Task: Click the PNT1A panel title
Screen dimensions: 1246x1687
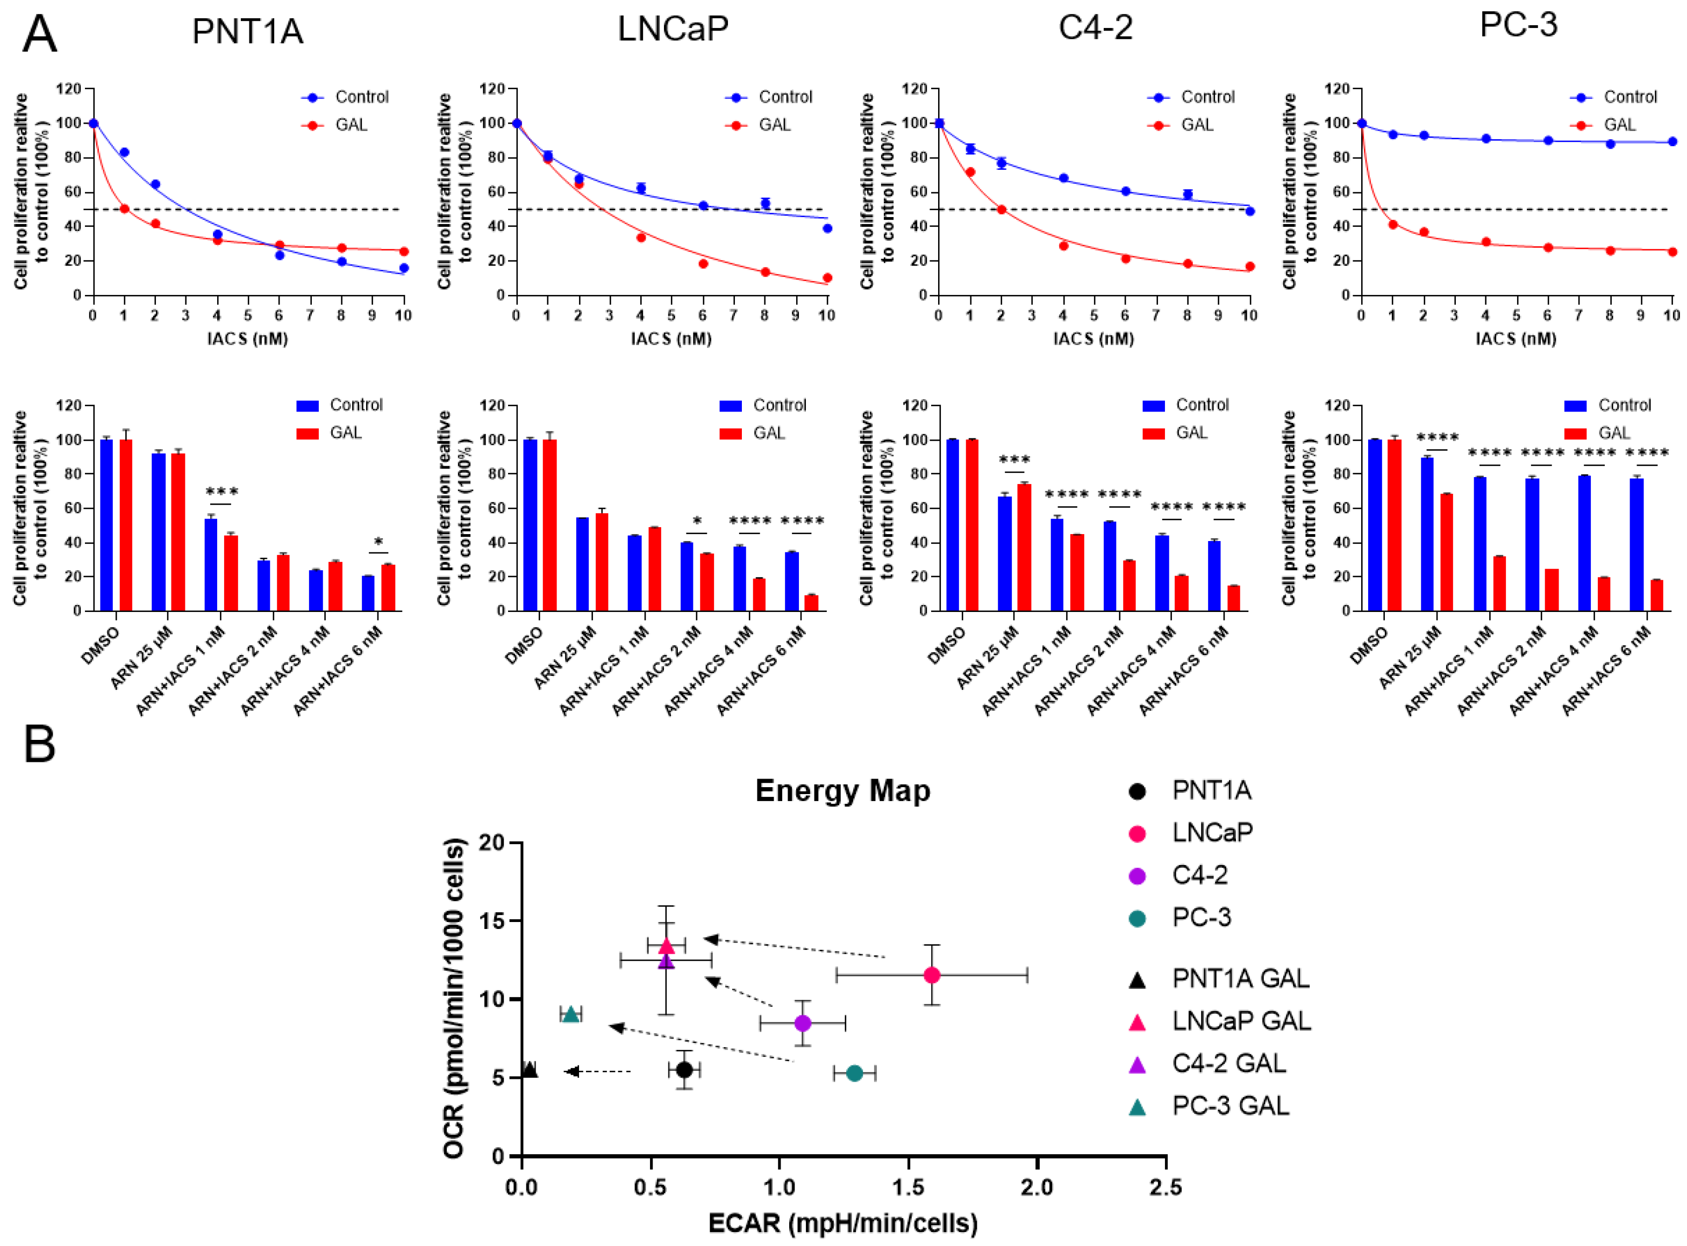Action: click(247, 32)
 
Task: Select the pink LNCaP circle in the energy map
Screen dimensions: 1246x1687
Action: click(932, 975)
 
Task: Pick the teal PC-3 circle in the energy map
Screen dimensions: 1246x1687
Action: click(854, 1072)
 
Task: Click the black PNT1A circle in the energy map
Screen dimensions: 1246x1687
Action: click(684, 1070)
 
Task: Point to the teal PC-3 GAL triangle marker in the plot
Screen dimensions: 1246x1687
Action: click(571, 1014)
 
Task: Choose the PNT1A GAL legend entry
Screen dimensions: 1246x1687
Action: click(1240, 978)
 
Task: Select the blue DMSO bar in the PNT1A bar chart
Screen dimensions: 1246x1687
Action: click(106, 525)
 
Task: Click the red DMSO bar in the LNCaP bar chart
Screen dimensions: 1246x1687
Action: click(549, 525)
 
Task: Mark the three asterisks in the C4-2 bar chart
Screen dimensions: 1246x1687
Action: click(1014, 460)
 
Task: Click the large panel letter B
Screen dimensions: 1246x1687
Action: click(40, 745)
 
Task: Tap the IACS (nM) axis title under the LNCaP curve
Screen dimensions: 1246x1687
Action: click(671, 338)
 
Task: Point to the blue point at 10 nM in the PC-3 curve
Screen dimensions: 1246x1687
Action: click(1672, 142)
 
